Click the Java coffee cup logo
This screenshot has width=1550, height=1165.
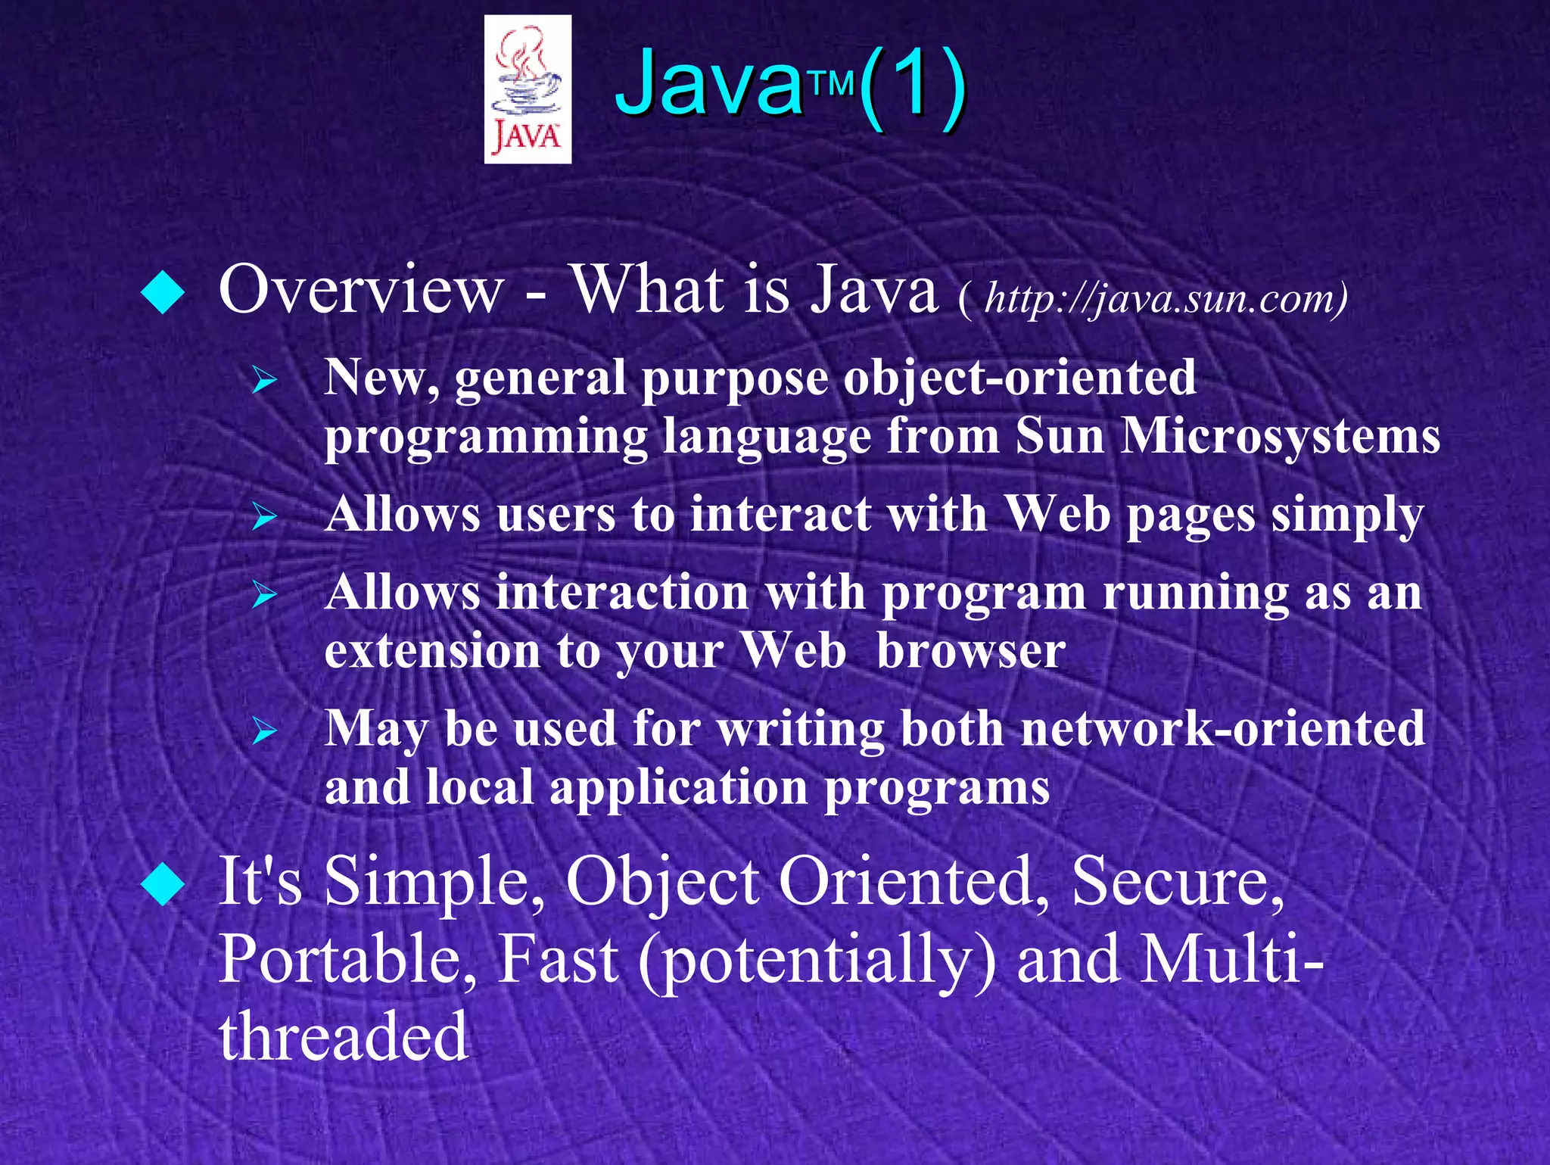point(528,89)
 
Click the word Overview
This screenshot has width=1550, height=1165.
point(361,290)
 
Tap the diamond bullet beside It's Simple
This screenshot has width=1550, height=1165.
point(163,884)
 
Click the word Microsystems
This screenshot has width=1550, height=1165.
point(1280,437)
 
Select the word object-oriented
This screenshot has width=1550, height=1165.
point(1019,378)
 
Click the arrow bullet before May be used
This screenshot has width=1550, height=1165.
point(265,732)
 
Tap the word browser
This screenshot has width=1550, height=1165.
point(970,651)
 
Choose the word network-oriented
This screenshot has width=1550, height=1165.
point(1222,729)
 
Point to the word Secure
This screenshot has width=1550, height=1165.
point(1177,882)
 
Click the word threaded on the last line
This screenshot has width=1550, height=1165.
point(344,1036)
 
